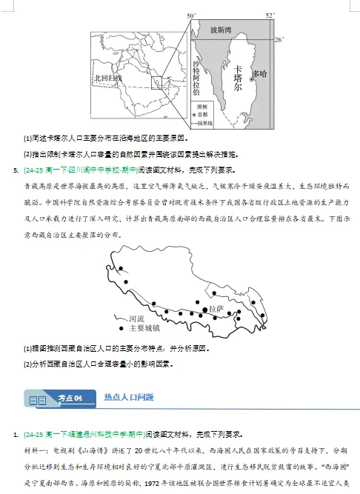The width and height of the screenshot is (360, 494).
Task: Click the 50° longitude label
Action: [x=191, y=16]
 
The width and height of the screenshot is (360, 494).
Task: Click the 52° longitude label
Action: [x=270, y=15]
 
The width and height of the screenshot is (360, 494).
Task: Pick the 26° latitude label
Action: [x=279, y=39]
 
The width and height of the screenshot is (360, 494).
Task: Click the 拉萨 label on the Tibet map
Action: [x=216, y=309]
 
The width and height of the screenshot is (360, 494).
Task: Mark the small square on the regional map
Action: [x=156, y=81]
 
